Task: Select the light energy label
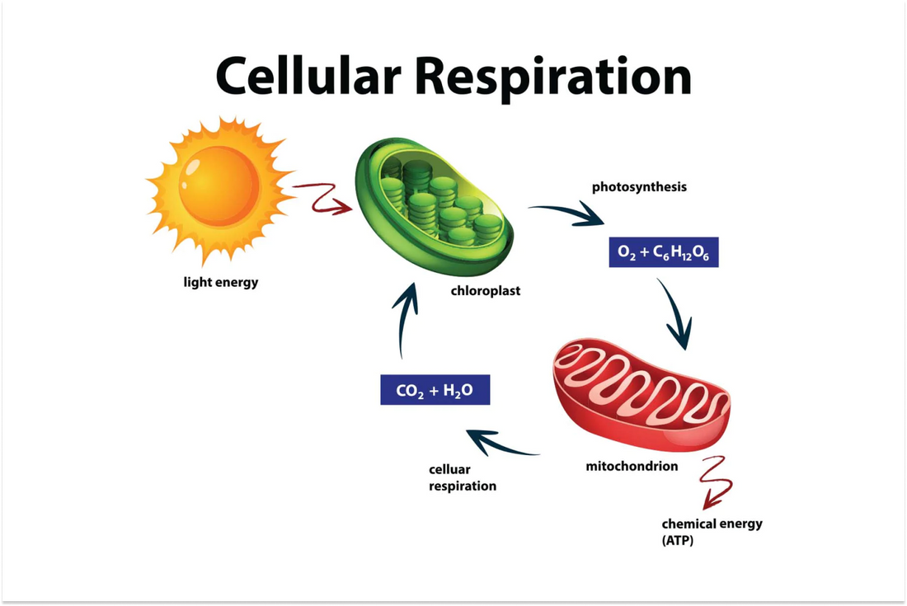coord(220,282)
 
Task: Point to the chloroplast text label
coord(486,291)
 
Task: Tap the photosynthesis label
coord(639,187)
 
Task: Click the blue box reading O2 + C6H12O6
coord(663,253)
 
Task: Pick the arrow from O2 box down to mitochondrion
coord(675,314)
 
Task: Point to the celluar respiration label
coord(462,477)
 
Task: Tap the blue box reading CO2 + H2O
coord(435,390)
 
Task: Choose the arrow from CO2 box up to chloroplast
coord(406,321)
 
